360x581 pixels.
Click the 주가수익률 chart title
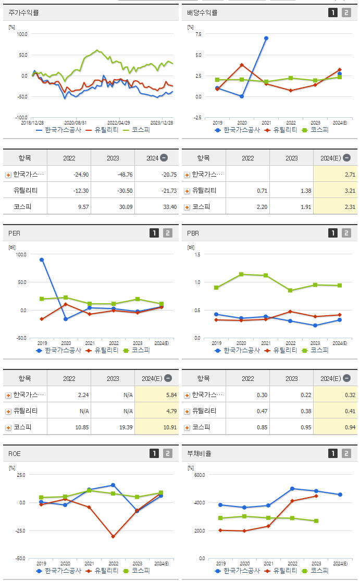point(24,13)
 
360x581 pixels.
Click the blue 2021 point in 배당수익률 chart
point(266,38)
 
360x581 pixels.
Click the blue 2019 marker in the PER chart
point(42,259)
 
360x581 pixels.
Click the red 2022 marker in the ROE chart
point(113,536)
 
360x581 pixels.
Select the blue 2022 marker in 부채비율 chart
point(292,489)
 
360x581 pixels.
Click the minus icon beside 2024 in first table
point(164,158)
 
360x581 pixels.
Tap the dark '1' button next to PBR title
point(333,233)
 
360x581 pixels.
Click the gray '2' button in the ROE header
point(167,453)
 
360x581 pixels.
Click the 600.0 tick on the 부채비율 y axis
point(198,475)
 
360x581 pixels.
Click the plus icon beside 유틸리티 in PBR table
point(187,411)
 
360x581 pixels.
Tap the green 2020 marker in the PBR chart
point(241,274)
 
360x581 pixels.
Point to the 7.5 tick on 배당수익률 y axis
point(197,34)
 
